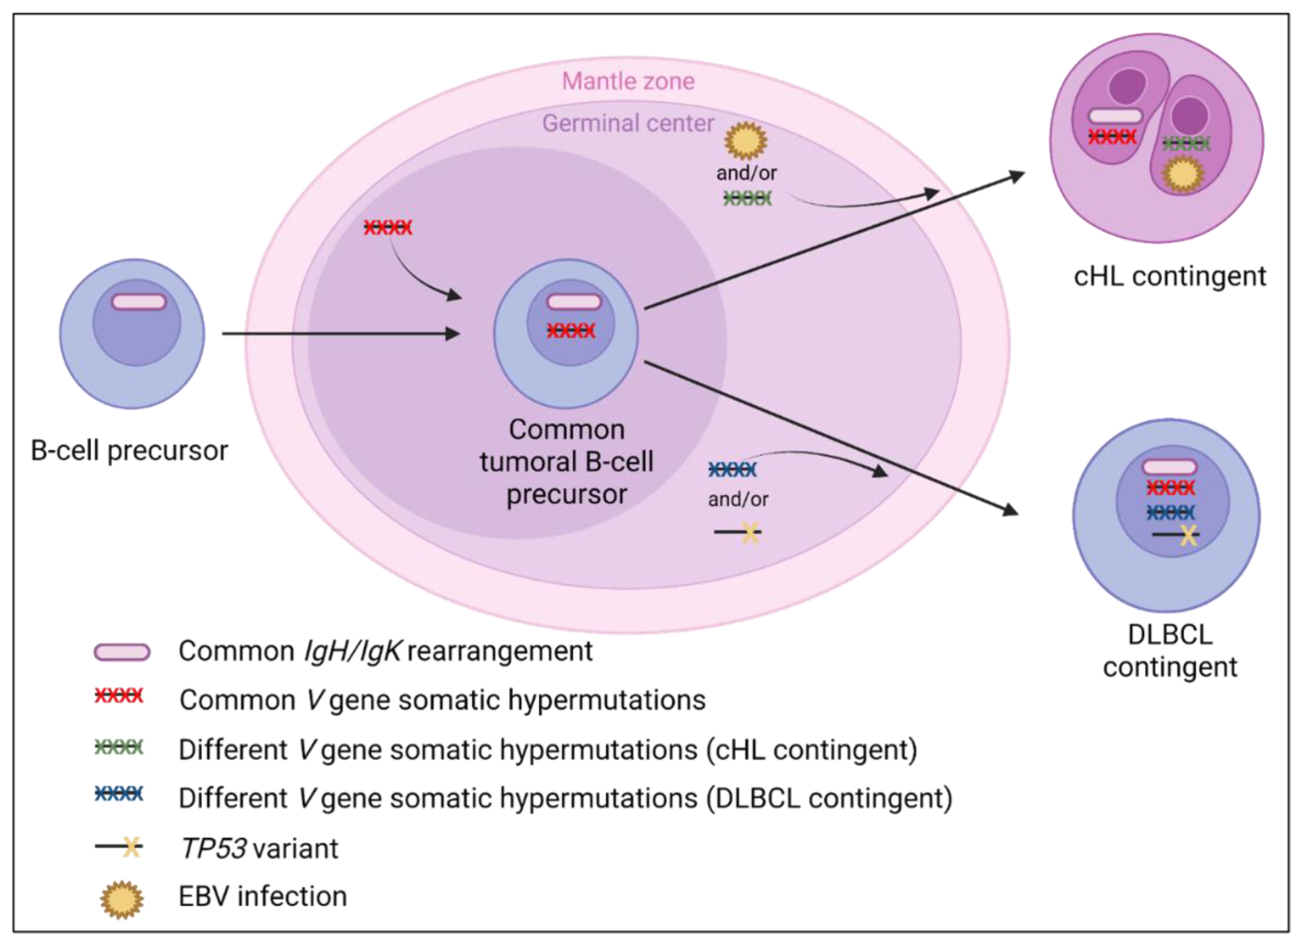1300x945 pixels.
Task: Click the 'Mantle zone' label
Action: pos(628,81)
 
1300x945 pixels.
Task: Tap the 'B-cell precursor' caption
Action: pos(129,450)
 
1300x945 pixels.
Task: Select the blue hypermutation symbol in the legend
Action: pos(119,794)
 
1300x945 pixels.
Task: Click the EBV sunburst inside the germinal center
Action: pos(746,140)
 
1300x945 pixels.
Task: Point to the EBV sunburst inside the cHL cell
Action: pos(1183,174)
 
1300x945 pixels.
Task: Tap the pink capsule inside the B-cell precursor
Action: pos(139,302)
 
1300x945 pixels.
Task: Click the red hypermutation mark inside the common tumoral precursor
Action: pos(571,331)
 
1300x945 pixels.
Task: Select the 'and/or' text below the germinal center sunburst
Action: pos(746,173)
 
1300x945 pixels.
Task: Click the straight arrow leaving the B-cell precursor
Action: pos(341,333)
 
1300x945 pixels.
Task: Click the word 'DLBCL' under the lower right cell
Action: pos(1170,635)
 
